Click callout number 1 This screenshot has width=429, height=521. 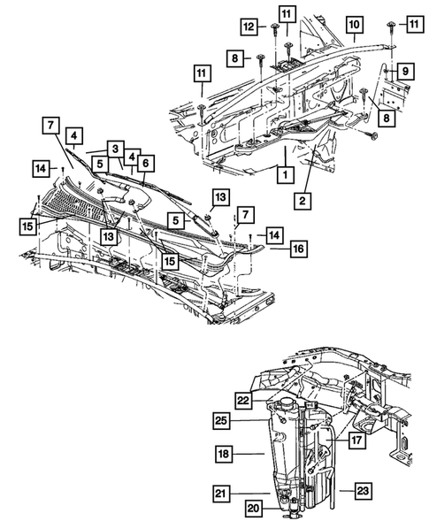284,175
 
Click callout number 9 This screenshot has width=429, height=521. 403,70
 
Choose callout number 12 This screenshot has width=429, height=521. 250,27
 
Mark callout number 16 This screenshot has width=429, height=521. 298,250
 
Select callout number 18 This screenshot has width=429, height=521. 226,454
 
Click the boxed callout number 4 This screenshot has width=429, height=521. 75,135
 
